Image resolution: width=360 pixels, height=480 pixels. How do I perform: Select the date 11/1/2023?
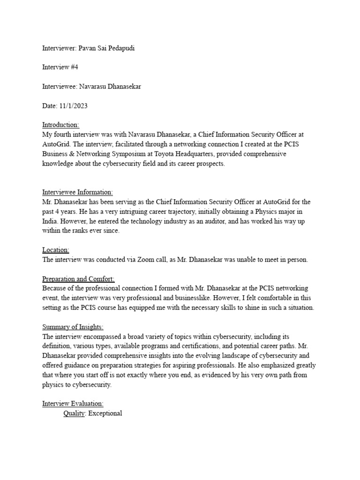click(x=74, y=106)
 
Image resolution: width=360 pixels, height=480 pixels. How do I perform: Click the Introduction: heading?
click(x=61, y=125)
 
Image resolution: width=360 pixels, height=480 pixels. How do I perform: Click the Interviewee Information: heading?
click(x=77, y=192)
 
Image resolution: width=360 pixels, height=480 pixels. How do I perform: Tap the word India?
click(x=51, y=221)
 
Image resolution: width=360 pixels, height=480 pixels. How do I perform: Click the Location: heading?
click(x=56, y=250)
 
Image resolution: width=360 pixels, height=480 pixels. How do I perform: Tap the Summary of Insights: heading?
click(x=73, y=327)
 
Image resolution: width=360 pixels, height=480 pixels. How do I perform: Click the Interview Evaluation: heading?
click(x=73, y=404)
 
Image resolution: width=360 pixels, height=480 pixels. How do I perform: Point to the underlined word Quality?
click(x=74, y=413)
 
